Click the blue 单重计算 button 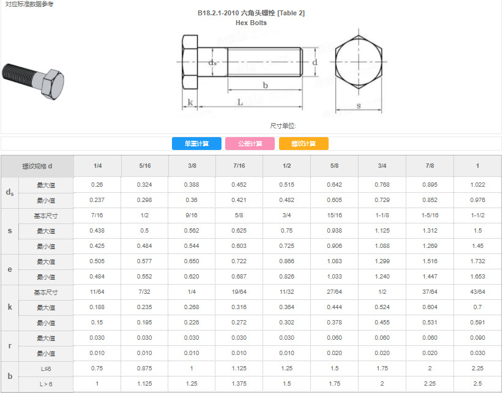196,143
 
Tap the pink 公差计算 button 250,143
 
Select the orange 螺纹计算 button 304,143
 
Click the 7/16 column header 239,165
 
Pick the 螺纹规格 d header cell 37,166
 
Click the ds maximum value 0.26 97,184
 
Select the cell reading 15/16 334,215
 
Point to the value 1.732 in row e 478,261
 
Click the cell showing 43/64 478,291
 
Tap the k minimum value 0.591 478,323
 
